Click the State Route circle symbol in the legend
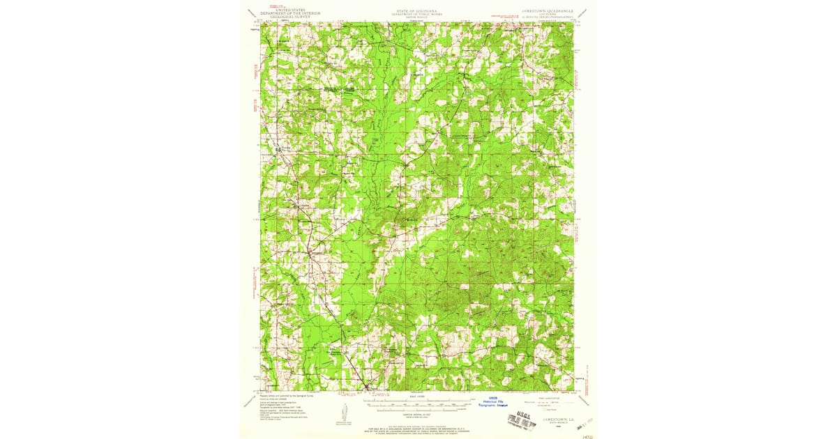(547, 410)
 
